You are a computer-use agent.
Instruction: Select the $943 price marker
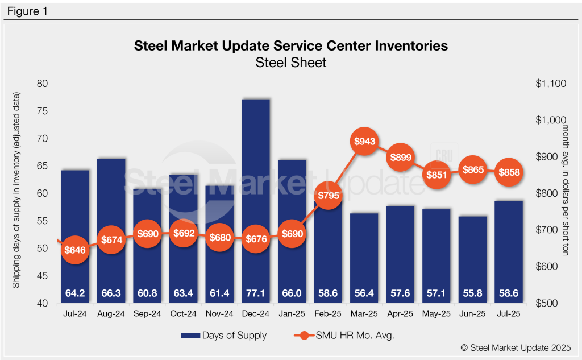(364, 141)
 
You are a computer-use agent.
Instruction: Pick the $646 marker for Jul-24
(75, 250)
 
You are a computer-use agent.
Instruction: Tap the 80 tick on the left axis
(43, 84)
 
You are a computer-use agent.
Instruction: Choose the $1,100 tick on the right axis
(551, 84)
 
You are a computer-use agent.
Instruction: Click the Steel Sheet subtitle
(291, 62)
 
